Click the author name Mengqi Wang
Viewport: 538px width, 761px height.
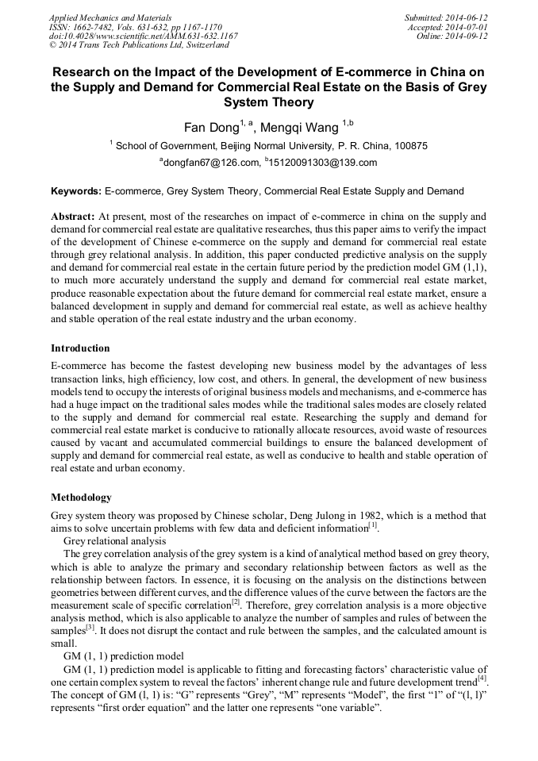coord(305,127)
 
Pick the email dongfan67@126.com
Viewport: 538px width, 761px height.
coord(212,163)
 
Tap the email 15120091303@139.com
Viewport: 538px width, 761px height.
coord(312,163)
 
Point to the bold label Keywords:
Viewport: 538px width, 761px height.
coord(76,191)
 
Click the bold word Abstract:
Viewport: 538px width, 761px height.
coord(73,216)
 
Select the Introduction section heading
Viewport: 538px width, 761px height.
coord(80,348)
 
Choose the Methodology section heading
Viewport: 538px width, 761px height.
coord(82,498)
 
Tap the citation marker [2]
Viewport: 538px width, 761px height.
coord(236,601)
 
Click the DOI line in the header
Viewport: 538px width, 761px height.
coord(143,36)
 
